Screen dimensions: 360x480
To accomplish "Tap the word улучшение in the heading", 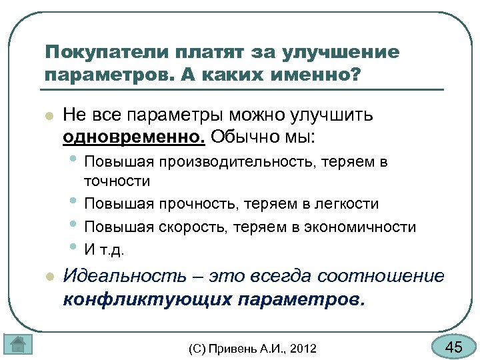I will coord(341,53).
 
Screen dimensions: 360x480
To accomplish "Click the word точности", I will coord(117,180).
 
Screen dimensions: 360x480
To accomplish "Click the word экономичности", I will coord(361,227).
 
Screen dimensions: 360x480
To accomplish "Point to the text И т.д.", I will coord(104,250).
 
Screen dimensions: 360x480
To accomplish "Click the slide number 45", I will coord(453,347).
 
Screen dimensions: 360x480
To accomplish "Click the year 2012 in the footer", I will coord(303,348).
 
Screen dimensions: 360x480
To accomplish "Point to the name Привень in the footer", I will coord(231,348).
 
